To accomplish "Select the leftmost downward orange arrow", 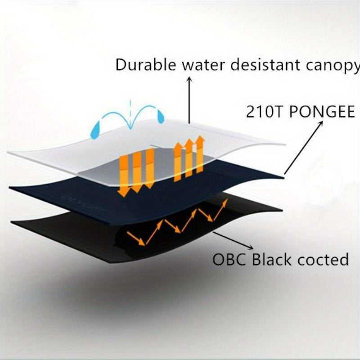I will point(121,175).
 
